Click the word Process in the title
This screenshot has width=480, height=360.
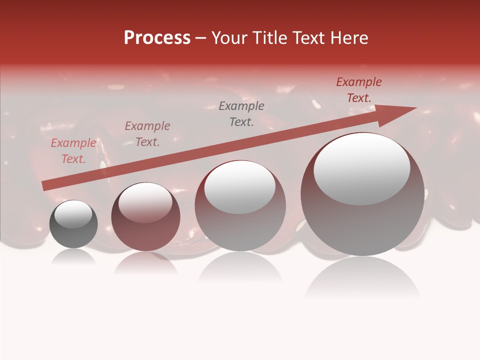[x=157, y=38]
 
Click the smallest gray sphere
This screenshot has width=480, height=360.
[x=73, y=224]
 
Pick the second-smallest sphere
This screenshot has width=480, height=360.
[x=145, y=217]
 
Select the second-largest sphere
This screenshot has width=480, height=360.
[x=240, y=205]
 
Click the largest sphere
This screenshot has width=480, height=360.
[x=362, y=194]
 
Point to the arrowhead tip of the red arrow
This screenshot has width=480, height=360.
[x=415, y=108]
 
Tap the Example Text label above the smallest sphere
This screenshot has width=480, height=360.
[x=73, y=151]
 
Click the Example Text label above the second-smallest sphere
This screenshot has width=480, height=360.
[x=147, y=134]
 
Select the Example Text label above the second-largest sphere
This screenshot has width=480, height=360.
[x=241, y=114]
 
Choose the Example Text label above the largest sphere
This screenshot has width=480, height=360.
[x=359, y=90]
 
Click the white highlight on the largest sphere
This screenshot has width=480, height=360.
[x=362, y=169]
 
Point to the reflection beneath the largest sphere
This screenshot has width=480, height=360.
[x=362, y=277]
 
